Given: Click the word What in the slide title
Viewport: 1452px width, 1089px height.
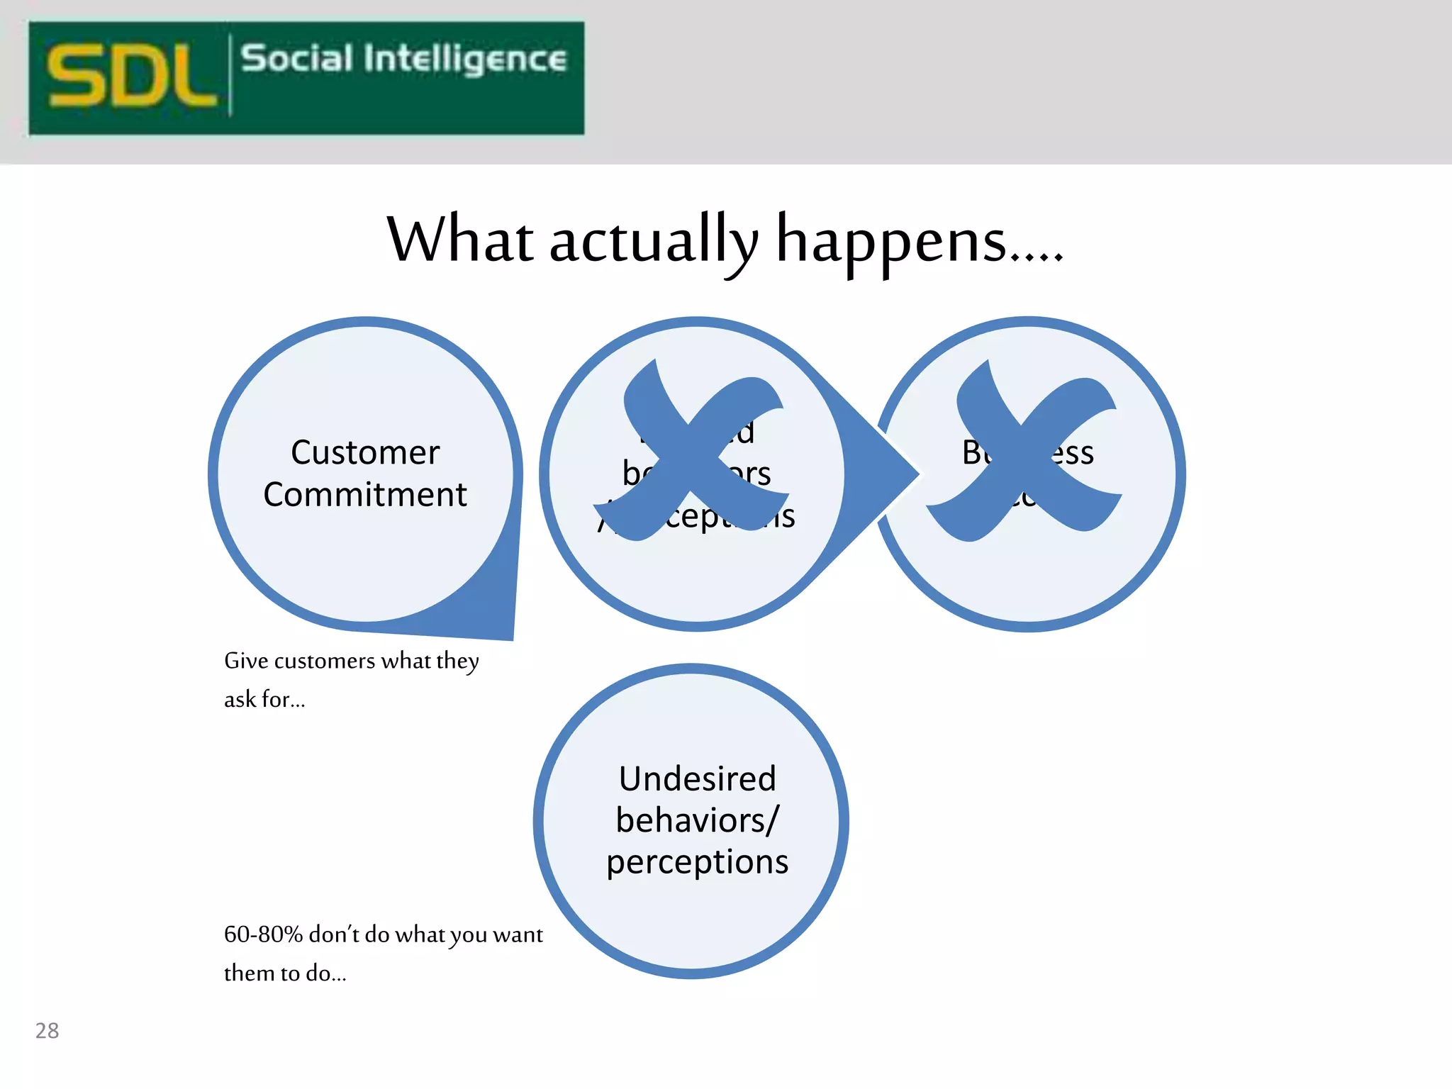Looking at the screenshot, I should [x=459, y=240].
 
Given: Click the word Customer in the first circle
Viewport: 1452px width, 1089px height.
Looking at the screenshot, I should [x=365, y=452].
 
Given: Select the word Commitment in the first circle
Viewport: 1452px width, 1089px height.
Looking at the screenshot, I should [x=365, y=494].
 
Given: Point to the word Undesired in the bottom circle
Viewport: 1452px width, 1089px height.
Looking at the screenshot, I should [x=698, y=778].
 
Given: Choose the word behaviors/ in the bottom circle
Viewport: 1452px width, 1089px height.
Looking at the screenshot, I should [x=698, y=820].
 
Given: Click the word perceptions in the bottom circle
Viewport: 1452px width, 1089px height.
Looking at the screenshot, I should [x=698, y=862].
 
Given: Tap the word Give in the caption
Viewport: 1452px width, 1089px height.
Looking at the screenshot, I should [x=246, y=661].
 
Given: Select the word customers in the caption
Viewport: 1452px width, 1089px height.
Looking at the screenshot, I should [x=324, y=661].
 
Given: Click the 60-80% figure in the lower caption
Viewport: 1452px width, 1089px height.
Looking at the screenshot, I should [x=263, y=934].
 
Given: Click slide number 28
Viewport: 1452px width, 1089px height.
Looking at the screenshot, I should [x=48, y=1030].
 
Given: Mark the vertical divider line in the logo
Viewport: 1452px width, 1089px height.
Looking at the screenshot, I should [x=230, y=75].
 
